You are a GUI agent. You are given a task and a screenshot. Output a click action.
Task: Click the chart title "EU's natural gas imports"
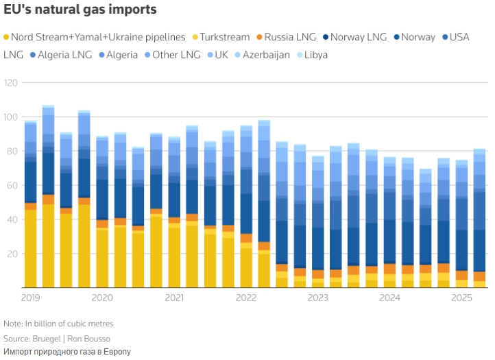click(80, 10)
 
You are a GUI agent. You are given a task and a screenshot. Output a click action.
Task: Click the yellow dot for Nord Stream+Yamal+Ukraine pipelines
click(7, 37)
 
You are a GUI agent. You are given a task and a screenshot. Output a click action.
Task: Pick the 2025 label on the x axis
click(461, 298)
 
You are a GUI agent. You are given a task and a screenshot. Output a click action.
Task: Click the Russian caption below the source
click(67, 351)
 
